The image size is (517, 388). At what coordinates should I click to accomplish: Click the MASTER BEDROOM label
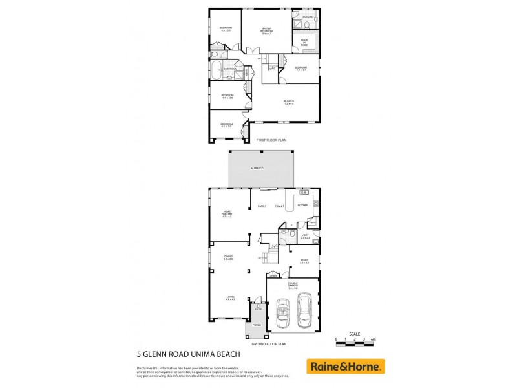pyautogui.click(x=266, y=30)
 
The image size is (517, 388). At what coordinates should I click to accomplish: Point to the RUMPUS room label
pyautogui.click(x=288, y=102)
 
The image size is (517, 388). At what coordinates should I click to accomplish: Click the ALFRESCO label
pyautogui.click(x=257, y=169)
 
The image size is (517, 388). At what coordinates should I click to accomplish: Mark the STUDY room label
pyautogui.click(x=304, y=261)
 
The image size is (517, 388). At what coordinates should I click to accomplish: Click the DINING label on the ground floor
pyautogui.click(x=228, y=257)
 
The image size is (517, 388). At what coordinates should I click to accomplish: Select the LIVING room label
pyautogui.click(x=230, y=297)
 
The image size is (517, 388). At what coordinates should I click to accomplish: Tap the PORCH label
pyautogui.click(x=257, y=334)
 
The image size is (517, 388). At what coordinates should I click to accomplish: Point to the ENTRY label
pyautogui.click(x=258, y=308)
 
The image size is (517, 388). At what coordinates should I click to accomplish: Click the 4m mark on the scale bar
pyautogui.click(x=373, y=339)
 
